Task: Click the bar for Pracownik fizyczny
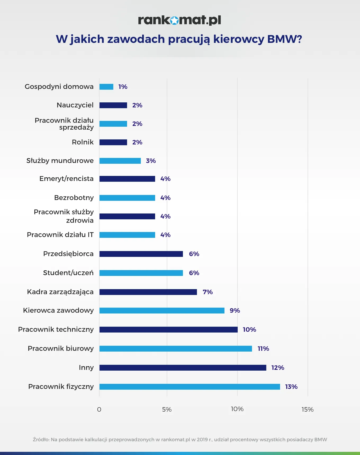[190, 387]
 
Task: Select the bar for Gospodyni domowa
[106, 87]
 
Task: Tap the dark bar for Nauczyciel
[113, 105]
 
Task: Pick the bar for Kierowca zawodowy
[162, 311]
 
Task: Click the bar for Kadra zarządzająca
[148, 292]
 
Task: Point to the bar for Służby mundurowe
[120, 161]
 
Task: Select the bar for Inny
[183, 368]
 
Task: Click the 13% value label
[291, 387]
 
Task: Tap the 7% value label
[208, 292]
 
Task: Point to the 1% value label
[123, 87]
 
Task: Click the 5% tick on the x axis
[167, 410]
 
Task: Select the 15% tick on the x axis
[308, 410]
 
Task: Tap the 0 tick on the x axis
[99, 410]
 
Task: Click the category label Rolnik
[83, 142]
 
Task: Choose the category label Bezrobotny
[74, 198]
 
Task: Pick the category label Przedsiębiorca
[68, 254]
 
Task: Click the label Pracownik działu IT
[60, 235]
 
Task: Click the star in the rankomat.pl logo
[174, 20]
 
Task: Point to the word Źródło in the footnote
[41, 439]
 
